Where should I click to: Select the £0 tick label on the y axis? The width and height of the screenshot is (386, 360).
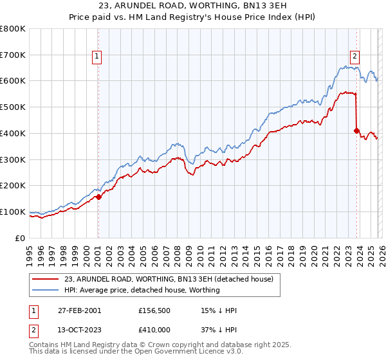click(20, 238)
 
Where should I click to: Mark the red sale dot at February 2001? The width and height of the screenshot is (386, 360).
click(98, 197)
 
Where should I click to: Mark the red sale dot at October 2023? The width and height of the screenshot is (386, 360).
click(356, 130)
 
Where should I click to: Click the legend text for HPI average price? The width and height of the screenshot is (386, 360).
click(142, 290)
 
